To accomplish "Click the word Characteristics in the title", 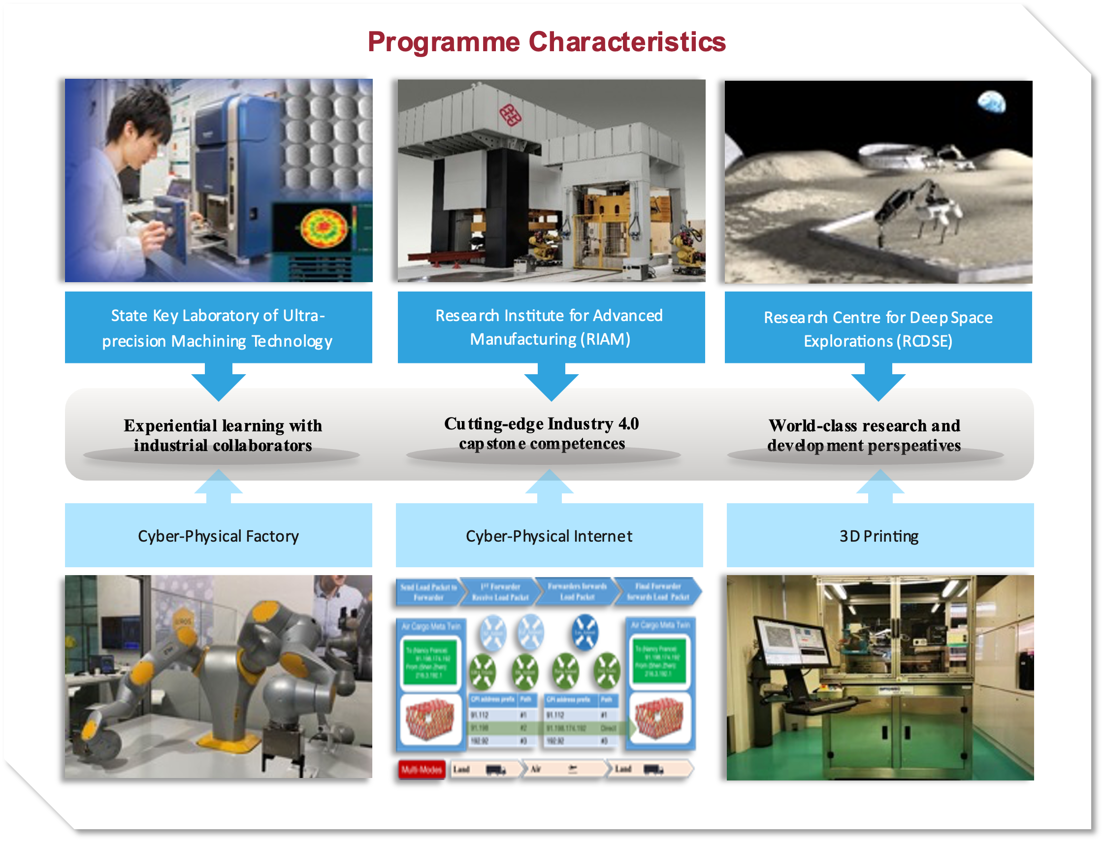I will pos(627,42).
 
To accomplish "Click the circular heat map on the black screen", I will pos(324,228).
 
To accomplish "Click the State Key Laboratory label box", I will pos(218,327).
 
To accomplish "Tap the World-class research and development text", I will pos(864,435).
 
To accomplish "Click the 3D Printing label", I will pos(878,536).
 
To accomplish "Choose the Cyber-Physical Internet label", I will pos(549,536).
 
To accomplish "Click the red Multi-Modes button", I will pos(421,769).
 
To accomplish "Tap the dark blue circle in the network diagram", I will pos(585,633).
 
